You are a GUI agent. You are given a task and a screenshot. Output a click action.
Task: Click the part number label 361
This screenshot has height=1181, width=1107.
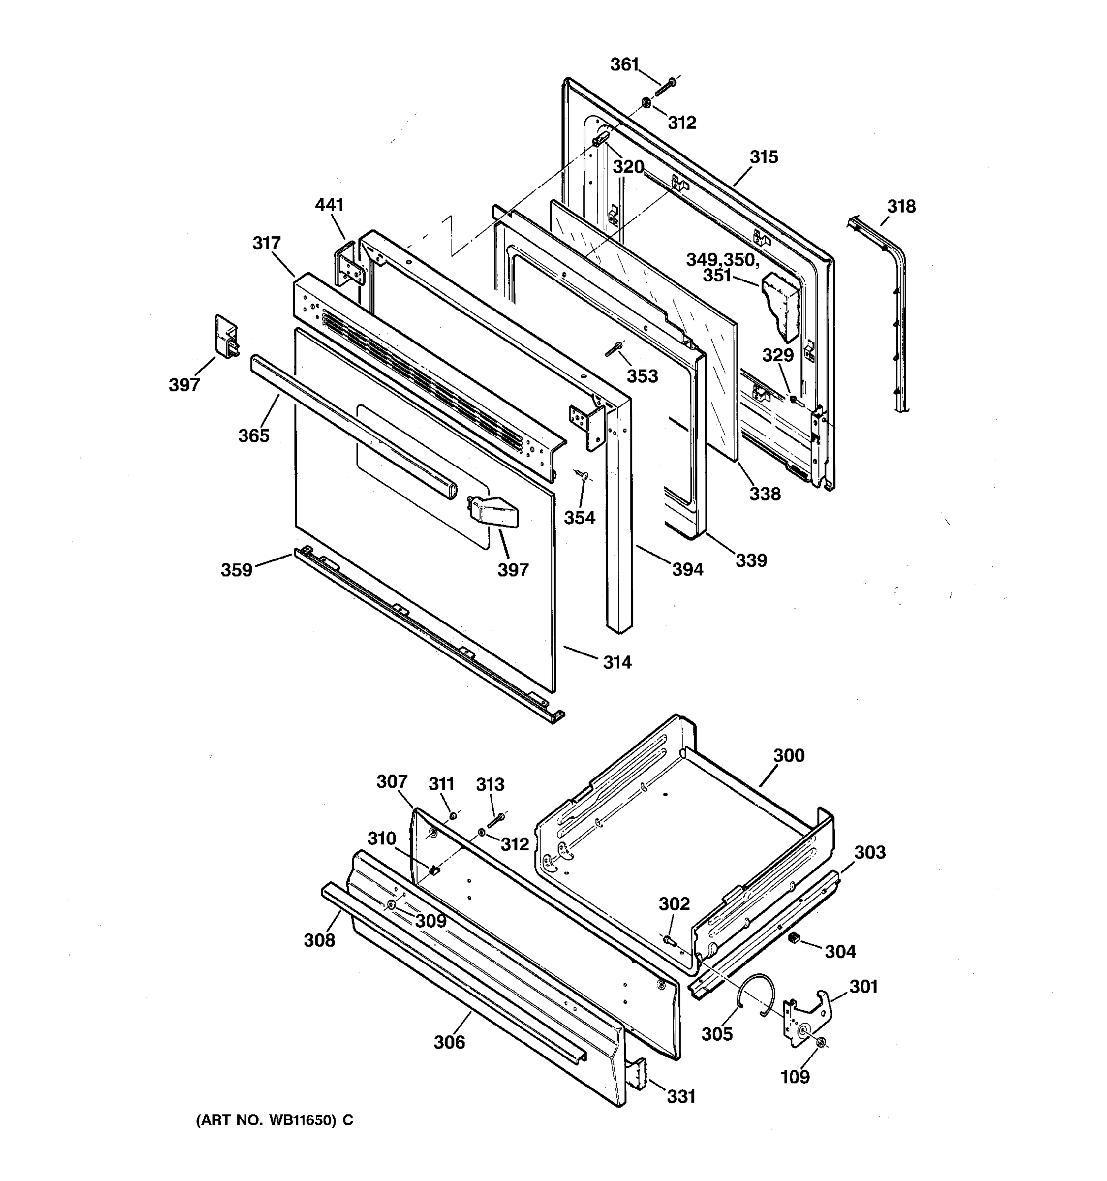point(624,64)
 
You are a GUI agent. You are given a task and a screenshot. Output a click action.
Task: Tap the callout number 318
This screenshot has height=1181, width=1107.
point(901,206)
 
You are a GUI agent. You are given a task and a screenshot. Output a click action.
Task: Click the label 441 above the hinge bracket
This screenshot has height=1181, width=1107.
point(329,205)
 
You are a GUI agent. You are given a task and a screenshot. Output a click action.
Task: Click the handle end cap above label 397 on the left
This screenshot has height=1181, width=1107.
point(226,337)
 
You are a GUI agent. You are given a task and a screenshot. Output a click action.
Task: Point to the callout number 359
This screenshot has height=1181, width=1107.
point(236,570)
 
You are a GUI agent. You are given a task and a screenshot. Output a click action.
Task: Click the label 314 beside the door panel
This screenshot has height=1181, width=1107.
point(617,662)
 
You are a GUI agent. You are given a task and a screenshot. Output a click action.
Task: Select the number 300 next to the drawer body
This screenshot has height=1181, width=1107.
point(789,756)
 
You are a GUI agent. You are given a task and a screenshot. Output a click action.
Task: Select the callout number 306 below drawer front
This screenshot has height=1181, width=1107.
point(449,1043)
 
